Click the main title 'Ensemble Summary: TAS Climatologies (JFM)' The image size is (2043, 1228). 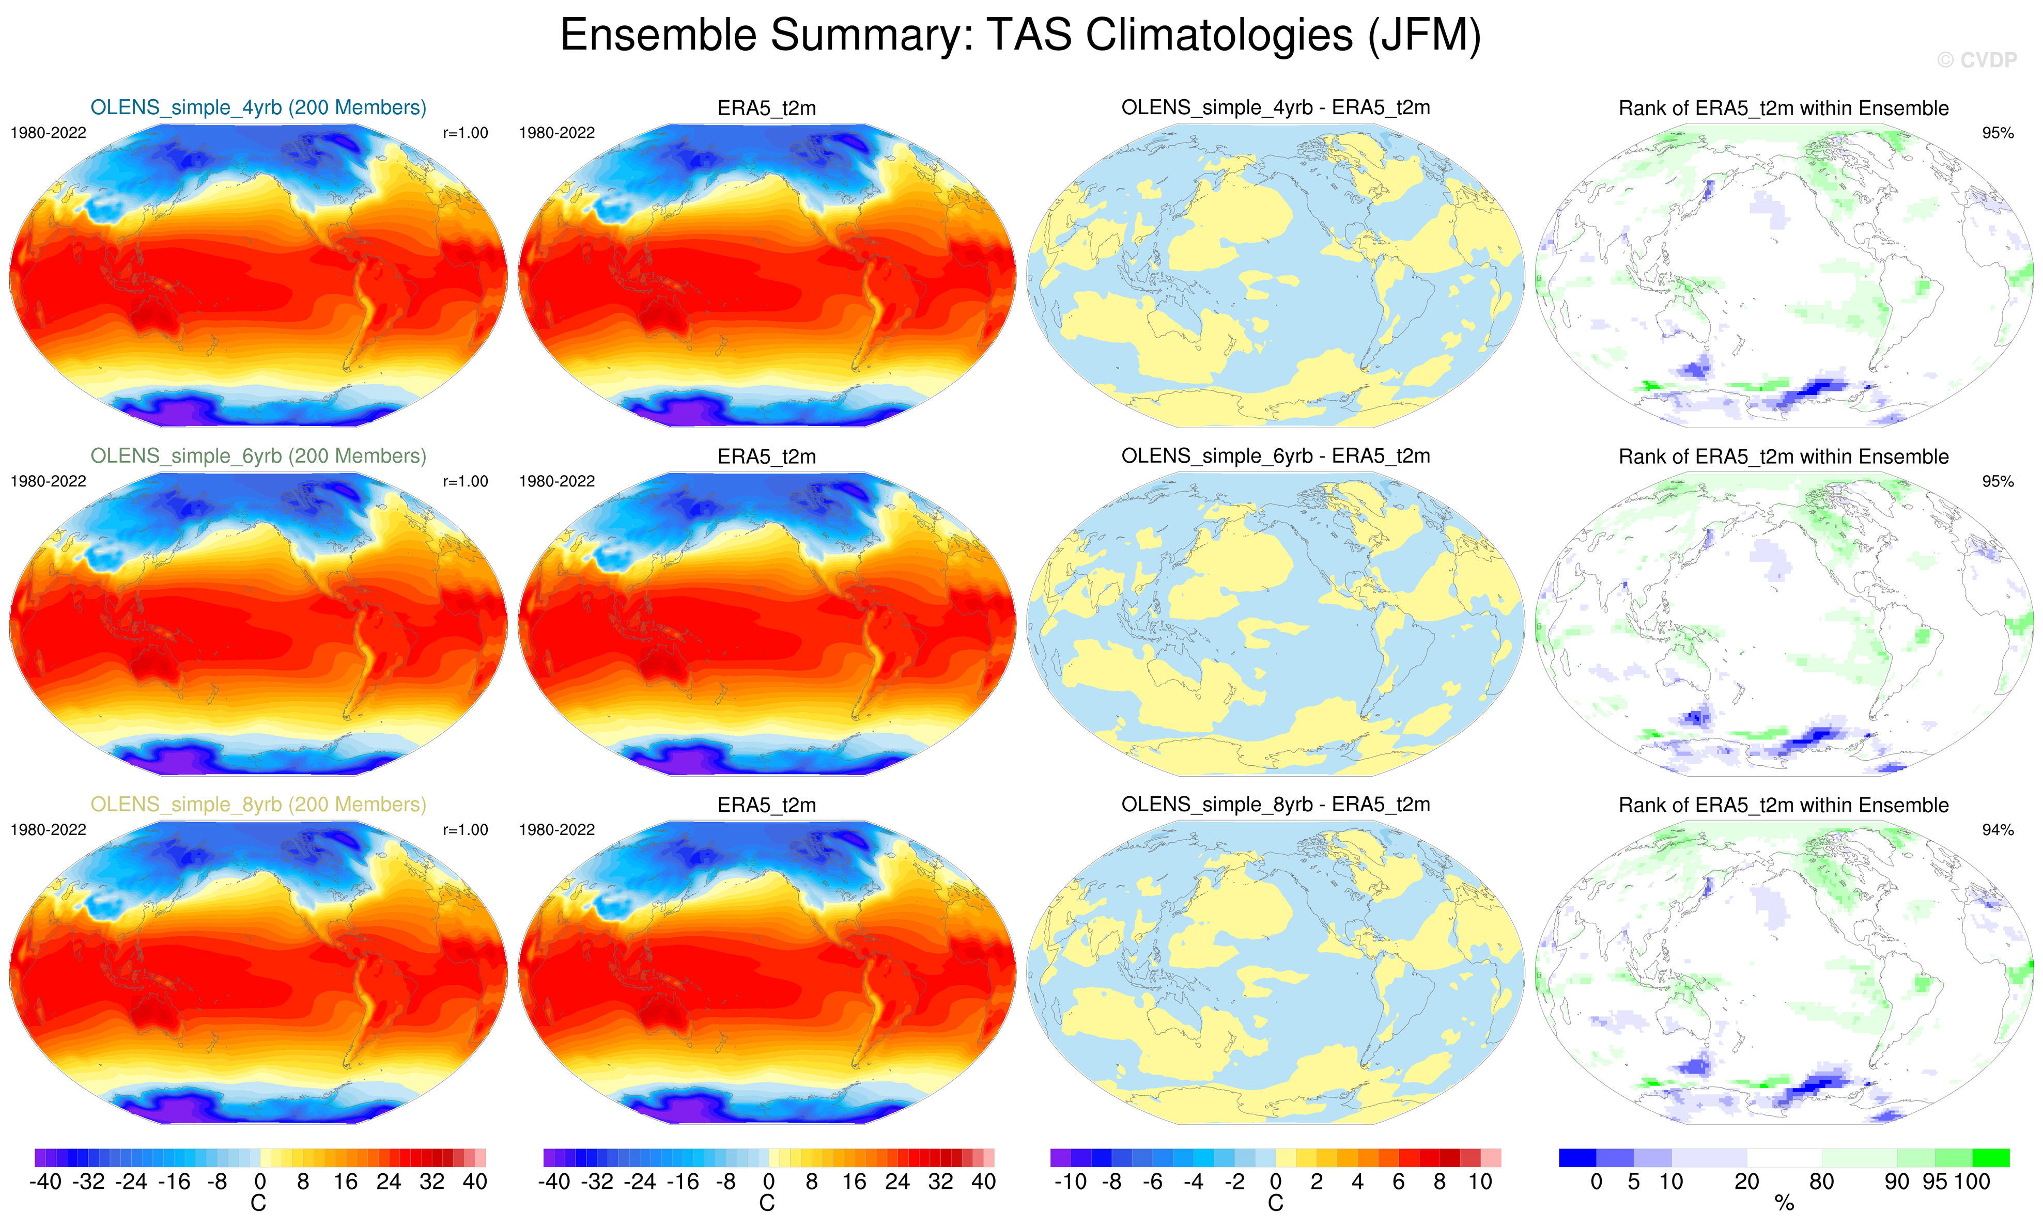[x=1020, y=36]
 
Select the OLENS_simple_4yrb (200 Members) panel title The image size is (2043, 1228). [x=258, y=107]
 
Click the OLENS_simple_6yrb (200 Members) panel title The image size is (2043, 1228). [x=258, y=456]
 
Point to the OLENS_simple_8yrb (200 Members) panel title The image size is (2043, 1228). [x=258, y=805]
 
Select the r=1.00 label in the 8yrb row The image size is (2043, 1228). [x=465, y=830]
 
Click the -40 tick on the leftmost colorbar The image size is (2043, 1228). [x=45, y=1182]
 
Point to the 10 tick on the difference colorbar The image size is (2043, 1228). [x=1480, y=1182]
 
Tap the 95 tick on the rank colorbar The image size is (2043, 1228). [x=1934, y=1182]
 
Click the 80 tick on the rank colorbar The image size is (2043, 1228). [x=1821, y=1182]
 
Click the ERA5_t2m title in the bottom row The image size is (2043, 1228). [x=767, y=805]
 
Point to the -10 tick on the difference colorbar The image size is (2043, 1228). [x=1071, y=1182]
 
